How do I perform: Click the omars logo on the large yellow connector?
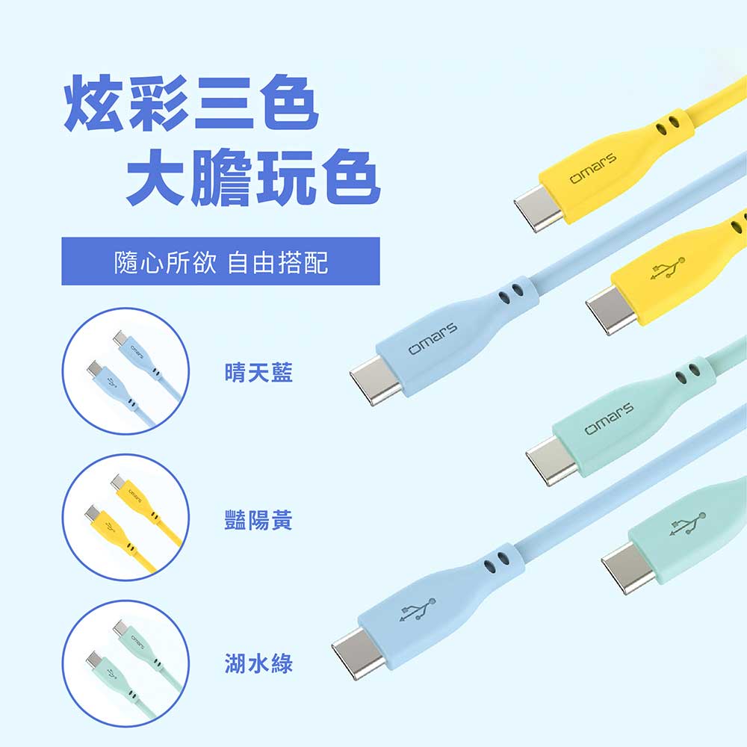point(593,168)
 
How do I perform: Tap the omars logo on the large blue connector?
point(433,338)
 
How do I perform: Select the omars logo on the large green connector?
point(610,418)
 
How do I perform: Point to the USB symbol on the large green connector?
point(687,524)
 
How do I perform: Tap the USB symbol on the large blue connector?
point(418,610)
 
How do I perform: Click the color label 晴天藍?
point(258,372)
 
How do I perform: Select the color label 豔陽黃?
point(258,520)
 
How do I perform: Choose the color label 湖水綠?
point(258,663)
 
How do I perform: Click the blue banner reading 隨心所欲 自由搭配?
point(220,261)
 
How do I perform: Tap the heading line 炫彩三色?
point(191,102)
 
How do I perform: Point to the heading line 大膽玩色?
point(252,177)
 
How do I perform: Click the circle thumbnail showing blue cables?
point(125,371)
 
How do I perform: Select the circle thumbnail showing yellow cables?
point(125,518)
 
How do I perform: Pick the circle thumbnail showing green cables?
point(125,663)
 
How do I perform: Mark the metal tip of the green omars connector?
point(552,460)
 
